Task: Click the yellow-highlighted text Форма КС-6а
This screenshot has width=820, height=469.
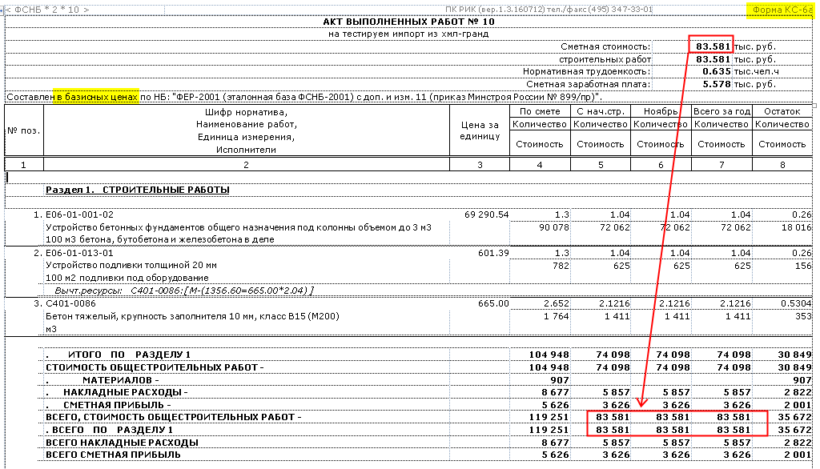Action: (781, 10)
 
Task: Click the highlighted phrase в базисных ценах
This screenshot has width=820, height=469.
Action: (96, 97)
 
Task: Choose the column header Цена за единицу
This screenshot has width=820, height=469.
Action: (480, 130)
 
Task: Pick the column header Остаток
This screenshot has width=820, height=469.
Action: (782, 112)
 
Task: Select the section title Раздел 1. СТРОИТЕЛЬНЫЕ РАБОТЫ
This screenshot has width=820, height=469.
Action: (137, 190)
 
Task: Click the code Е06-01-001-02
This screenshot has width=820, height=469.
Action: (80, 214)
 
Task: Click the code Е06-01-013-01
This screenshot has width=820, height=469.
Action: (80, 253)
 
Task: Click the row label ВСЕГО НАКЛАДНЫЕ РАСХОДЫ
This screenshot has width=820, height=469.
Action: (122, 442)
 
